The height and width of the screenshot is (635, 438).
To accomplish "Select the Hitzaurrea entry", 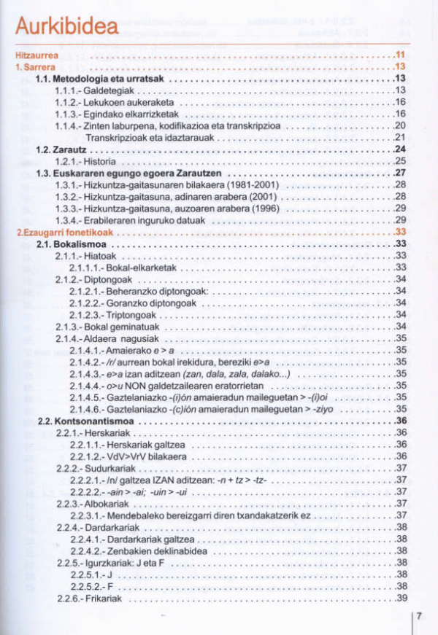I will tap(36, 55).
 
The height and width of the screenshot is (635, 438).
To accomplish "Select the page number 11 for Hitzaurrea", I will tap(399, 55).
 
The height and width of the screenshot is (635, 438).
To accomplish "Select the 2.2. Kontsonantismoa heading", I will tap(85, 421).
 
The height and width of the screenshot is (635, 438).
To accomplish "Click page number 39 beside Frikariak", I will tap(400, 599).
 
